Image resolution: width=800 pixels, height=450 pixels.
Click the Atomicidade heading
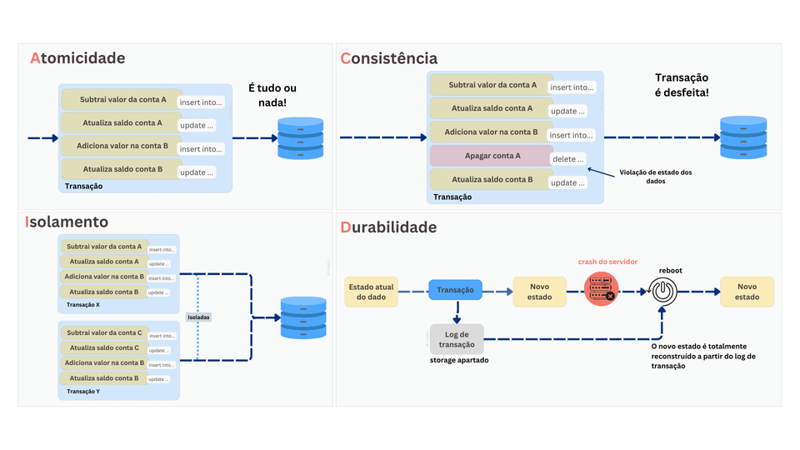pyautogui.click(x=77, y=58)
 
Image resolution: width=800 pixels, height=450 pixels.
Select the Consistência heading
pyautogui.click(x=388, y=58)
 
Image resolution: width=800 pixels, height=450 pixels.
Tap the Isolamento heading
pyautogui.click(x=67, y=222)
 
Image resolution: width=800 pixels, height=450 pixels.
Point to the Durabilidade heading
pyautogui.click(x=388, y=227)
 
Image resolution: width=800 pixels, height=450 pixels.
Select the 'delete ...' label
pyautogui.click(x=569, y=158)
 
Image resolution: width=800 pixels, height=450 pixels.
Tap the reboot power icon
pyautogui.click(x=662, y=291)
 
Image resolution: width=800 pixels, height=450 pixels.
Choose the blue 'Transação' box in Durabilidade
pyautogui.click(x=456, y=290)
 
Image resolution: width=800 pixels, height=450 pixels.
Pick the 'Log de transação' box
pyautogui.click(x=457, y=340)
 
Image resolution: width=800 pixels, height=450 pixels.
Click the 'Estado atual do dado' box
pyautogui.click(x=371, y=291)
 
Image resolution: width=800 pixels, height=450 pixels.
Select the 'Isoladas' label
pyautogui.click(x=199, y=317)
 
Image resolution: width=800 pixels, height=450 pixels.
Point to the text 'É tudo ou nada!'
pyautogui.click(x=272, y=95)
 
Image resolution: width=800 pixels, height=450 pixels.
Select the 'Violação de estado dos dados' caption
pyautogui.click(x=656, y=177)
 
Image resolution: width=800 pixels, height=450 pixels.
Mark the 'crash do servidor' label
pyautogui.click(x=608, y=262)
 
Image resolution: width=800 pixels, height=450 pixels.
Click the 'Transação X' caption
pyautogui.click(x=83, y=304)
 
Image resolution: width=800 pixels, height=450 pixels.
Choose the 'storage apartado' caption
pyautogui.click(x=459, y=360)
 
